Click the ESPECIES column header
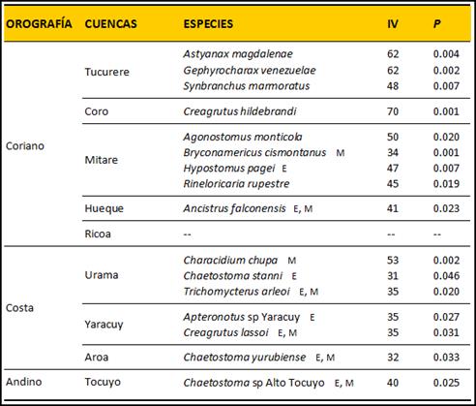[208, 24]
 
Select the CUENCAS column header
[110, 24]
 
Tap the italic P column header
[437, 24]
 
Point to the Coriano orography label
[25, 146]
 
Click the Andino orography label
[24, 382]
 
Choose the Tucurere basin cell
[106, 72]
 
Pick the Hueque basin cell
[104, 208]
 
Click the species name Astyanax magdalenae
[238, 54]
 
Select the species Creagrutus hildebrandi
[240, 111]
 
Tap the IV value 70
[393, 111]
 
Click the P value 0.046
[446, 276]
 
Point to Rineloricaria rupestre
[236, 184]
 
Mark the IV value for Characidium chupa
[393, 261]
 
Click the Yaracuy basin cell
[104, 325]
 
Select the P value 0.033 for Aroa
[446, 358]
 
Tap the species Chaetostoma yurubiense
[245, 358]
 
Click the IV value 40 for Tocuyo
[393, 383]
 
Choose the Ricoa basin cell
[98, 234]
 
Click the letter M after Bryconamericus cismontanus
[341, 153]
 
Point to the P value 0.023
[446, 208]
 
